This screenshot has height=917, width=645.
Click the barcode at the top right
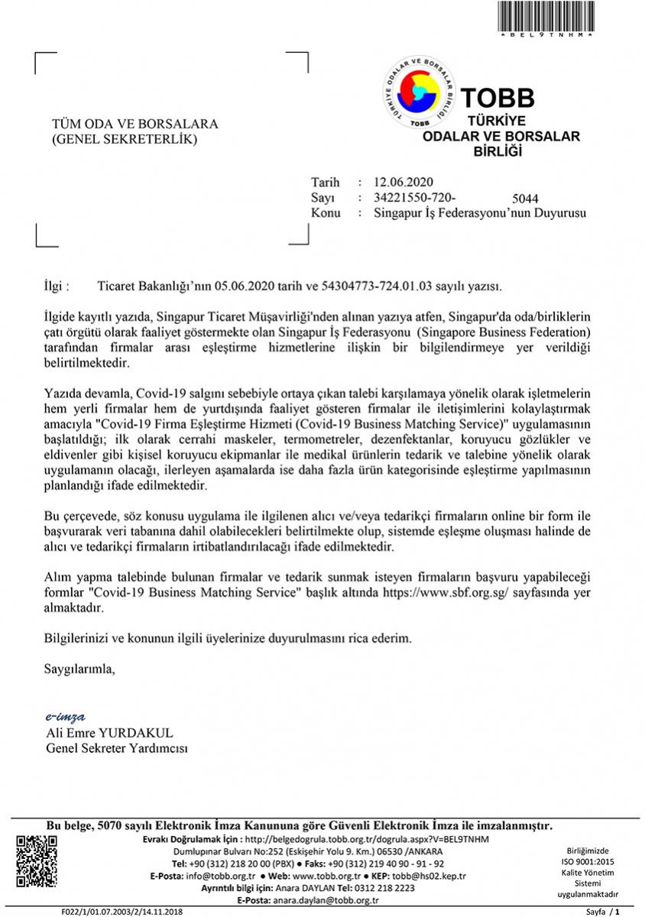546,15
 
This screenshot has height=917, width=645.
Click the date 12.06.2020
403,182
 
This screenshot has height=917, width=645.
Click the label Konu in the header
326,212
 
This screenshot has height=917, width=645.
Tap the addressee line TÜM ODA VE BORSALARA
135,124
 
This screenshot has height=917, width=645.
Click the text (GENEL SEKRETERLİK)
124,139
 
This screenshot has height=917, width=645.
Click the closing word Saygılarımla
80,669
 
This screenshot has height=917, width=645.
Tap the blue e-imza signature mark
66,717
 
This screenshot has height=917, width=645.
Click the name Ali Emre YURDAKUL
110,733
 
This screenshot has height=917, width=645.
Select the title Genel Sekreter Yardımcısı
117,748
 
